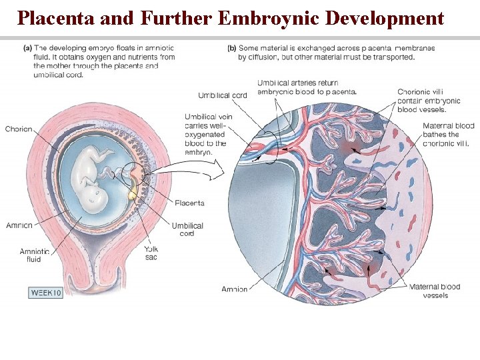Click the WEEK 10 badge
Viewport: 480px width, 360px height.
pos(46,293)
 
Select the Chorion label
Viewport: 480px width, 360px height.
pos(18,129)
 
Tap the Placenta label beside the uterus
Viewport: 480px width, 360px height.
pos(189,203)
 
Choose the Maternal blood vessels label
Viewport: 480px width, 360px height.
pos(435,291)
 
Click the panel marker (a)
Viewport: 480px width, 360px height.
pos(28,48)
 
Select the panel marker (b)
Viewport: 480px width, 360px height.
pos(233,48)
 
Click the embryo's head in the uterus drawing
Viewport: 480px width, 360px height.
pos(98,194)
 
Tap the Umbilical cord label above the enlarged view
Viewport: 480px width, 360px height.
pos(222,95)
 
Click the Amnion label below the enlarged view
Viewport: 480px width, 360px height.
pos(235,289)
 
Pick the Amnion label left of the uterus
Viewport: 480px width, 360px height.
pos(18,225)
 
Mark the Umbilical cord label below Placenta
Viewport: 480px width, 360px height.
pos(187,229)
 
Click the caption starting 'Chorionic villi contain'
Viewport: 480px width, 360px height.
pos(421,100)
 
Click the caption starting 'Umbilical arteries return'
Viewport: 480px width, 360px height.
pos(306,87)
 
